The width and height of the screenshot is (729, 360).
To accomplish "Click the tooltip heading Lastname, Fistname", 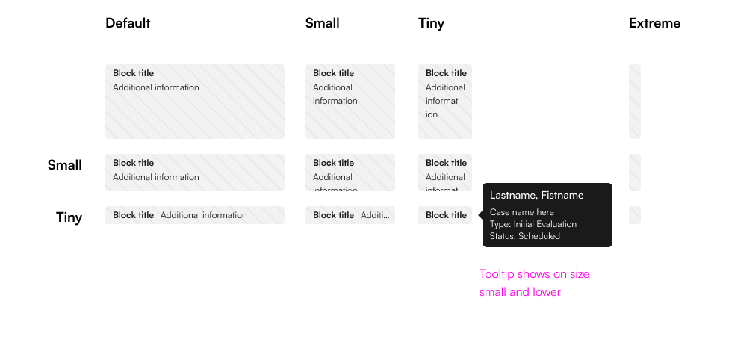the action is (x=536, y=195).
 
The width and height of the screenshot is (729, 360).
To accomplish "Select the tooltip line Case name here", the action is (x=521, y=212).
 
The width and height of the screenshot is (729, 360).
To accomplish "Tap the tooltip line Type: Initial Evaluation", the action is (x=533, y=224).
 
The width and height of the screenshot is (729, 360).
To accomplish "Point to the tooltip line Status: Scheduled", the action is (x=524, y=236).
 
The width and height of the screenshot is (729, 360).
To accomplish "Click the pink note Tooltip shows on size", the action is (x=534, y=274).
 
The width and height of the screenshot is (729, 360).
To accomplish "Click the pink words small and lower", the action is (x=519, y=292).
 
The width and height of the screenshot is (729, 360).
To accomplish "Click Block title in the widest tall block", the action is (x=134, y=73).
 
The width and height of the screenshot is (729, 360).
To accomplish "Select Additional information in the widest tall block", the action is (x=155, y=87).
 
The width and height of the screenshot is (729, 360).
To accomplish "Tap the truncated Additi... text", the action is (x=375, y=215).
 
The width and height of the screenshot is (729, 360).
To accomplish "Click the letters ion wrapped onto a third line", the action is (x=432, y=114).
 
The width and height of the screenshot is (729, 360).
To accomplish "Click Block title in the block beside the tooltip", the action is (x=446, y=215).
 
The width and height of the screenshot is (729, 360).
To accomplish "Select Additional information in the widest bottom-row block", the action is (x=203, y=215).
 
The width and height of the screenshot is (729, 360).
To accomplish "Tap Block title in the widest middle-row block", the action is (x=134, y=163).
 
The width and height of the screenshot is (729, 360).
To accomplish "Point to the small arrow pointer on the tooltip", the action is (x=480, y=215).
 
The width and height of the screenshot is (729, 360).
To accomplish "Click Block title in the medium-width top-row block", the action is (x=334, y=73).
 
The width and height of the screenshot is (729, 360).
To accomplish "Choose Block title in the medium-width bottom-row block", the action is (x=334, y=215).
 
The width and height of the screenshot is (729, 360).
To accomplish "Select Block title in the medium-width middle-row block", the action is (x=334, y=163).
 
